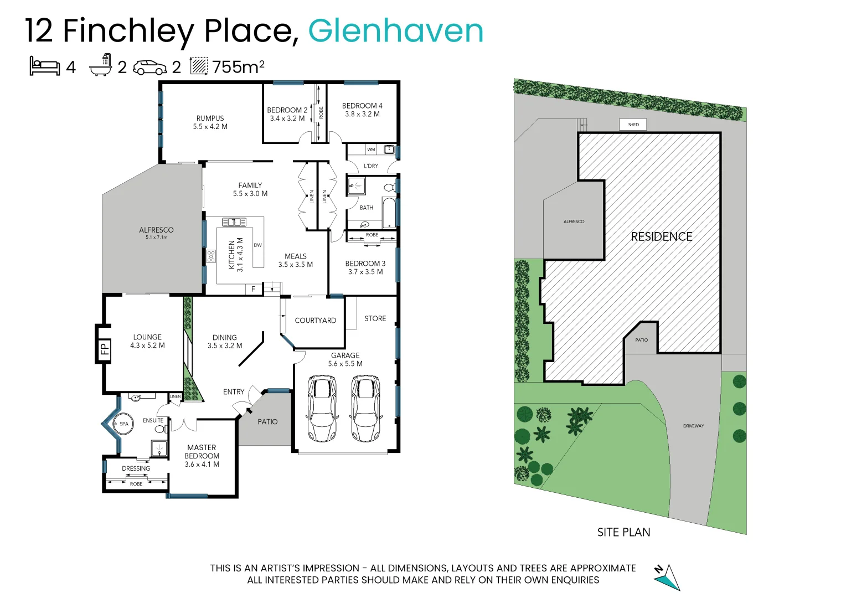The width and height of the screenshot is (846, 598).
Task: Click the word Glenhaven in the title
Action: [395, 31]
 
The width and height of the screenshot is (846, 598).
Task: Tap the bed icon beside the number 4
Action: [45, 66]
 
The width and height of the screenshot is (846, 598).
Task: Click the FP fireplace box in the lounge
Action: [104, 349]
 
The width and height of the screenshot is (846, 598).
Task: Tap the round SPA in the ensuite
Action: [123, 424]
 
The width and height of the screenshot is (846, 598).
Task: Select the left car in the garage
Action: [321, 409]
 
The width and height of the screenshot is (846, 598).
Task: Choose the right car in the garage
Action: [365, 409]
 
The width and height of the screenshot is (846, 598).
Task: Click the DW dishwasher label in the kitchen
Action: [257, 245]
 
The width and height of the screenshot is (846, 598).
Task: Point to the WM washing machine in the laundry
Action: [371, 149]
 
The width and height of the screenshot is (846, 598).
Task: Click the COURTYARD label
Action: [315, 321]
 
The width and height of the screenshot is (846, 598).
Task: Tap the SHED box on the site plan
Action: [633, 125]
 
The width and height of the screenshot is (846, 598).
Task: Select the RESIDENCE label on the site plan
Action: [662, 237]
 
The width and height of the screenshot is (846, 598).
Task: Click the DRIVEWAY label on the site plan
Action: [693, 426]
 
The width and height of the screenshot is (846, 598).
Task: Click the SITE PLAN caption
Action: [623, 532]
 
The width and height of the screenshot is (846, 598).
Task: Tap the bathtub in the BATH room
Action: [389, 213]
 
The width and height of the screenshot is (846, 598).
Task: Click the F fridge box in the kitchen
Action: [254, 289]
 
